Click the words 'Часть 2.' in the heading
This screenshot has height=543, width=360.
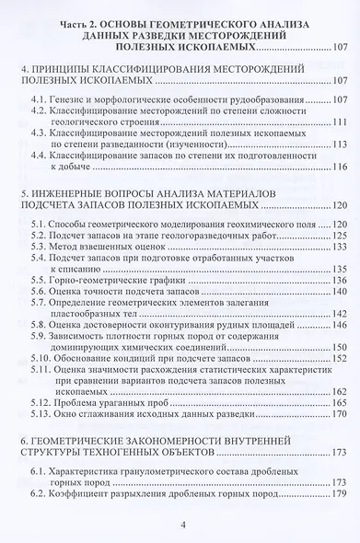tap(85, 18)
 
